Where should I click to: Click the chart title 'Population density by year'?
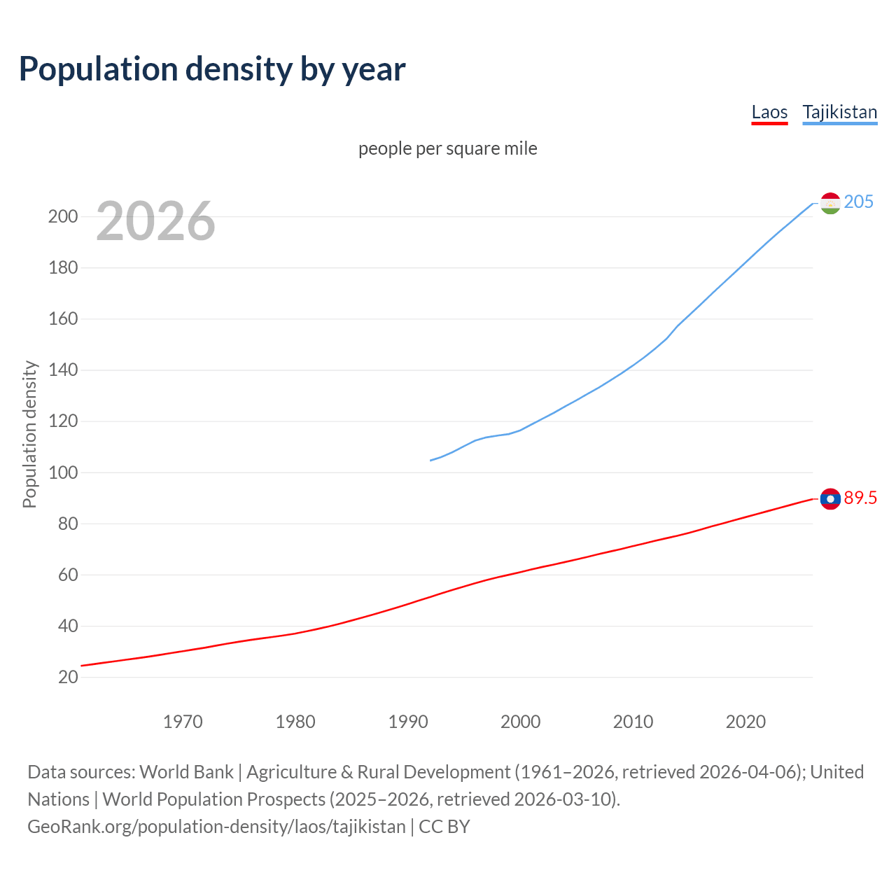(212, 69)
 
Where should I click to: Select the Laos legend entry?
(769, 112)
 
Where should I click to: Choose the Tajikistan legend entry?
(839, 112)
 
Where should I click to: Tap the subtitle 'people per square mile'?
(448, 148)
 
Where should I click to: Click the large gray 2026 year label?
(155, 221)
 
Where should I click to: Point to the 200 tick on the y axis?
(63, 216)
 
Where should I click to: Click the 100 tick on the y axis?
(63, 472)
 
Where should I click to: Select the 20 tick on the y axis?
(68, 677)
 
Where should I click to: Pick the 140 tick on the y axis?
(63, 370)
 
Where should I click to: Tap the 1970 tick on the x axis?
(183, 722)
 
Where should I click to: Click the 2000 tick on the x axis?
(520, 722)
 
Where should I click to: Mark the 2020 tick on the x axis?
(745, 722)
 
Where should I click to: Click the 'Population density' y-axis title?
(29, 434)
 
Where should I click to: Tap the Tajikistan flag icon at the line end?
(830, 203)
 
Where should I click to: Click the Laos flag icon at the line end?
(830, 498)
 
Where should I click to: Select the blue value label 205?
(859, 202)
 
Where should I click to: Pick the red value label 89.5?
(860, 498)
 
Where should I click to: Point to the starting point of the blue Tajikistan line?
(430, 460)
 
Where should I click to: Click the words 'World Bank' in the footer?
(186, 771)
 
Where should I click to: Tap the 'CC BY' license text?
(444, 826)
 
